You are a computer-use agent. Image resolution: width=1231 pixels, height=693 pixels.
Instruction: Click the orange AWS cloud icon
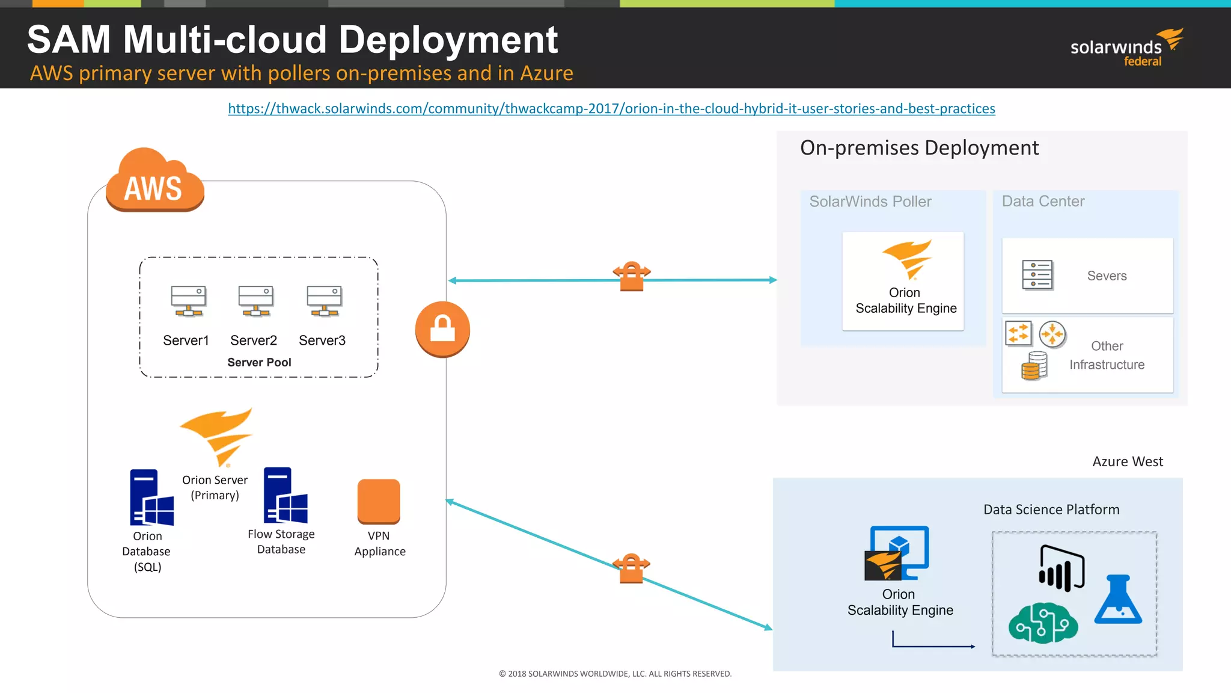coord(155,182)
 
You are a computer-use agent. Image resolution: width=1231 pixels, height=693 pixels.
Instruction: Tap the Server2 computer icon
coord(255,300)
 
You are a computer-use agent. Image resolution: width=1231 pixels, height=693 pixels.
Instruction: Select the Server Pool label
coord(259,363)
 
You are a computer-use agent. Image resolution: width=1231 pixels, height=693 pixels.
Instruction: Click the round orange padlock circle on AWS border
coord(442,329)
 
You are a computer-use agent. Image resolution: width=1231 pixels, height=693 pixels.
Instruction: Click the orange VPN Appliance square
coord(379,500)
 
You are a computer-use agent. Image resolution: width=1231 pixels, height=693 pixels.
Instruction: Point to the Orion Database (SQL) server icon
coord(151,497)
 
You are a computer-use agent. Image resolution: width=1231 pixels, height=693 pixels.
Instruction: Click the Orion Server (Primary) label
coord(215,487)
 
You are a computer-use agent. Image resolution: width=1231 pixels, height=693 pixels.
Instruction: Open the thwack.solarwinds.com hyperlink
coord(611,109)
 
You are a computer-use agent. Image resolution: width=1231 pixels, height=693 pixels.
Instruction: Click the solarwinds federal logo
coord(1125,48)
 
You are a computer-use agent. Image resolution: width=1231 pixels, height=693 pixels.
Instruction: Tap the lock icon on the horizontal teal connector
coord(632,277)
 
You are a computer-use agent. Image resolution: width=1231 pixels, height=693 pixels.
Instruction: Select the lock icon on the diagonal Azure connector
coord(631,568)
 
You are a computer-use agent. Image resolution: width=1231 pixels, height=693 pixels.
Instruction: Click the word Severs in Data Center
coord(1107,276)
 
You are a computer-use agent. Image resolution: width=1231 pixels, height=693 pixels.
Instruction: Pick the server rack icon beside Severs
coord(1037,275)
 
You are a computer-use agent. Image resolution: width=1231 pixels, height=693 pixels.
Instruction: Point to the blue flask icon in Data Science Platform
coord(1118,600)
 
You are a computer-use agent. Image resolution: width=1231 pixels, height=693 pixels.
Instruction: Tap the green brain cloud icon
coord(1043,623)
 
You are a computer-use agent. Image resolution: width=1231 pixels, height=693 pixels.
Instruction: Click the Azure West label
coord(1127,462)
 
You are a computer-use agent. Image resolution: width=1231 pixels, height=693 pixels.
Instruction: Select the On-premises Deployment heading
coord(919,148)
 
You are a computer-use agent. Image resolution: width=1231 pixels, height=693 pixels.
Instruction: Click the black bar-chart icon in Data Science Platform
coord(1061,568)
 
